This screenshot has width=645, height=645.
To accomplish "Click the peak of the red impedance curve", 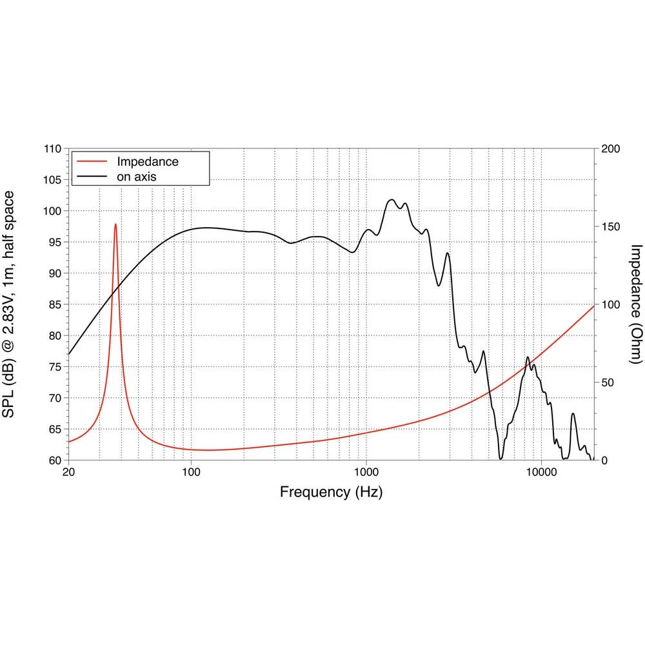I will (x=115, y=224).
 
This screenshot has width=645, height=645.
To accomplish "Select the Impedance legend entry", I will (x=147, y=162).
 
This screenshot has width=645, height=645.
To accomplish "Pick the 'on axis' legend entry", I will (x=137, y=176).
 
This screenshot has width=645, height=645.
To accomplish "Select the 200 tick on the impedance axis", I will (x=610, y=149).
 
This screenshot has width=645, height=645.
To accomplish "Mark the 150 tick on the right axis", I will (x=610, y=227).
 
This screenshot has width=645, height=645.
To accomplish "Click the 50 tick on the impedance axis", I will (x=608, y=382).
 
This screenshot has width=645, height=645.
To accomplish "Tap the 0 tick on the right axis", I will (x=604, y=461).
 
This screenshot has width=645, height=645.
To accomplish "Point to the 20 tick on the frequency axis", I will (x=68, y=471).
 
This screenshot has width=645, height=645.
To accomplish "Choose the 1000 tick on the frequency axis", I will (x=366, y=471).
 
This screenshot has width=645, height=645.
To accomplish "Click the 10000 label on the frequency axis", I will (x=541, y=471).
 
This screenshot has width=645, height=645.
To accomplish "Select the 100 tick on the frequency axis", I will (x=191, y=471).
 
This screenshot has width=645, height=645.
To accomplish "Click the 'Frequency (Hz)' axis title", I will (x=331, y=493).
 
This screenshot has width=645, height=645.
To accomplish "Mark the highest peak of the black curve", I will (x=391, y=200).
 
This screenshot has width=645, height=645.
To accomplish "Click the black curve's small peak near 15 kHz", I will (x=573, y=414).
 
